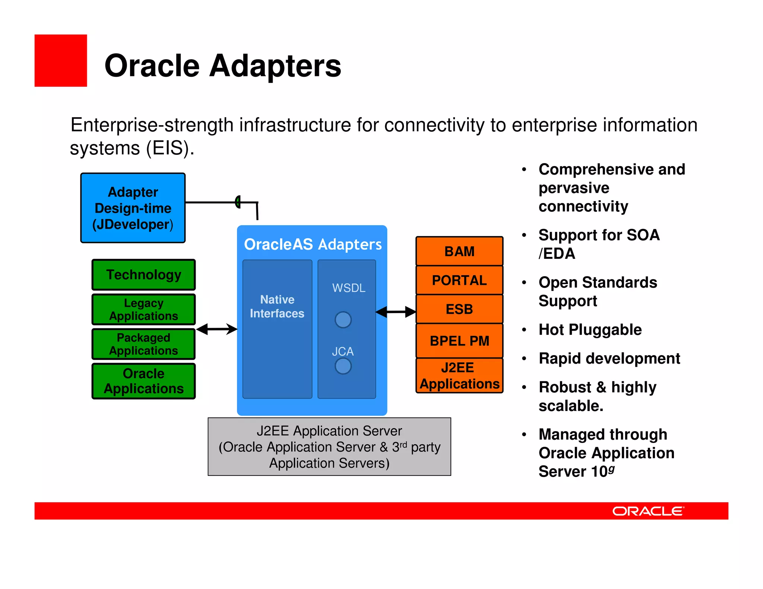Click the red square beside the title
[61, 61]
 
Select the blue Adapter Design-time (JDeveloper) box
[133, 208]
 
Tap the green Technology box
[143, 275]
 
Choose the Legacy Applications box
[143, 309]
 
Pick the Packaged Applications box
[143, 344]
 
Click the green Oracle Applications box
[143, 381]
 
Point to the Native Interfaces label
[277, 306]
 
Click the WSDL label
[349, 288]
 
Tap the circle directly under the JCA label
[343, 366]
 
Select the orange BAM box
[459, 251]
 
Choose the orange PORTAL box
[459, 280]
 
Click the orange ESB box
[459, 309]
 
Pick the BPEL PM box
[459, 341]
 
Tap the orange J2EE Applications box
[459, 376]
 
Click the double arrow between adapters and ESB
[396, 312]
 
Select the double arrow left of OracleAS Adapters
[216, 329]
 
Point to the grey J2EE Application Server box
[329, 447]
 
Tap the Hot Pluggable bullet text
[590, 330]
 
